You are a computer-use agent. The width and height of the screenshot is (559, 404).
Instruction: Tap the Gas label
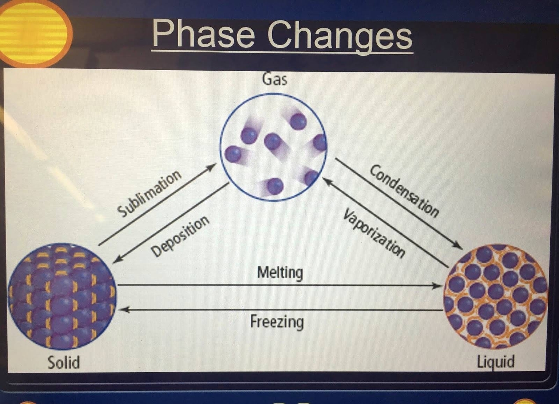(274, 80)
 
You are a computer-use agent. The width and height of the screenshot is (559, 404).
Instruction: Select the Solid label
(64, 362)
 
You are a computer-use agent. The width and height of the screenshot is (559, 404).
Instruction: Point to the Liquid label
(496, 362)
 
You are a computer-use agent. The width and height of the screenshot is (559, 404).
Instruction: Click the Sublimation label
(149, 193)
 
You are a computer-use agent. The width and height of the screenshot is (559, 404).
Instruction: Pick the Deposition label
(180, 236)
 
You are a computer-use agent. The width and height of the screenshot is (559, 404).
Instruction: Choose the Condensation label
(404, 191)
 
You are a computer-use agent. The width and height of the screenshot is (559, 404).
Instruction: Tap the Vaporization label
(374, 233)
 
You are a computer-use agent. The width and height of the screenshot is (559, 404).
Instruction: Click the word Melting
(280, 273)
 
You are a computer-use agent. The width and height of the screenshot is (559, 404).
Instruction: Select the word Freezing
(277, 322)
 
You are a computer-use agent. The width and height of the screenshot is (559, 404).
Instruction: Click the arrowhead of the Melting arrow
(436, 286)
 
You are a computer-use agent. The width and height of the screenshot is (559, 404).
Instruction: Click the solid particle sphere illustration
(62, 297)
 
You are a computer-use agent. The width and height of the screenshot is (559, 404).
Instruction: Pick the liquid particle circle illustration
(496, 297)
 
